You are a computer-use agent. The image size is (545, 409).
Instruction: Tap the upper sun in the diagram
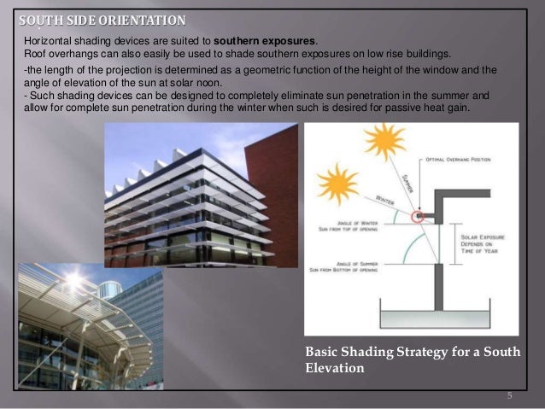(384, 141)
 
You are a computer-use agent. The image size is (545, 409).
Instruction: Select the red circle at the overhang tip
(418, 217)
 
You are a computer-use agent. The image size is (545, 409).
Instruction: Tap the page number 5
(508, 395)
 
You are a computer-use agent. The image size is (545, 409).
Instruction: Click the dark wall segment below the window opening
(437, 285)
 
